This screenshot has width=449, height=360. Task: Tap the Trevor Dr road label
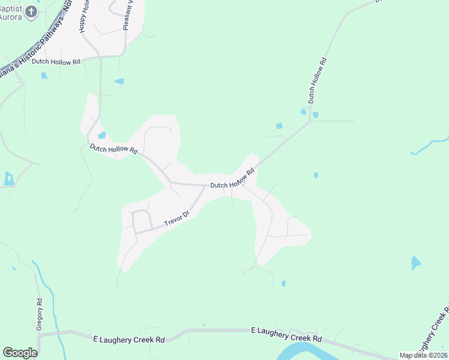(x=177, y=218)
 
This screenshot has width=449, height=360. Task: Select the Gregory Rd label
(x=40, y=314)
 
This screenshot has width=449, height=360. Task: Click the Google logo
(x=20, y=353)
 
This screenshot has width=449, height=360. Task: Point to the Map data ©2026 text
(x=423, y=355)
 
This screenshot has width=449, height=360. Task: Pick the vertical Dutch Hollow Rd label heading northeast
(x=316, y=82)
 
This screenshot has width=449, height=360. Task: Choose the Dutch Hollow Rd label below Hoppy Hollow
(x=56, y=62)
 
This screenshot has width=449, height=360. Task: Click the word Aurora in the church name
(x=11, y=16)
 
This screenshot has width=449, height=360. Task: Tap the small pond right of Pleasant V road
(x=119, y=81)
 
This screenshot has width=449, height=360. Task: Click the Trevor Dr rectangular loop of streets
(x=142, y=221)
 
